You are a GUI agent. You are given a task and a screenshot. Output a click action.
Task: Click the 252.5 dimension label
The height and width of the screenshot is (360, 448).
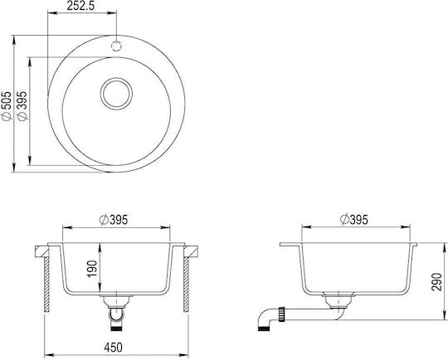point(80,6)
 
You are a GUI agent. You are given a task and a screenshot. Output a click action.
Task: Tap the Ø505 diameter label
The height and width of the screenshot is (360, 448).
point(6,105)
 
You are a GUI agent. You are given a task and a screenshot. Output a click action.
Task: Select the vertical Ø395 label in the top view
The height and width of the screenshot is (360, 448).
point(22,105)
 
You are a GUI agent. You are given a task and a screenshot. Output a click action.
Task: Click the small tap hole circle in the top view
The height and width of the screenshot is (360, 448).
point(116,46)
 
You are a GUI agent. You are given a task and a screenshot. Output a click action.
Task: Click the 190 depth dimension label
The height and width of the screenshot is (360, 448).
point(92,269)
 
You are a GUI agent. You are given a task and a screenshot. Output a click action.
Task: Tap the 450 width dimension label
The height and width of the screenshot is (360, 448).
point(113,348)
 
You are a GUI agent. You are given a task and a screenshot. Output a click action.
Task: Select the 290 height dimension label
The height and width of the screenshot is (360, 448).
point(436,282)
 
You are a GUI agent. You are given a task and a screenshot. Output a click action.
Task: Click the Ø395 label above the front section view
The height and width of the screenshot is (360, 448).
point(114,220)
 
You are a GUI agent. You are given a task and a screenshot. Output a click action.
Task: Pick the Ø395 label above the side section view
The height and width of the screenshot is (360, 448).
point(354,220)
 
